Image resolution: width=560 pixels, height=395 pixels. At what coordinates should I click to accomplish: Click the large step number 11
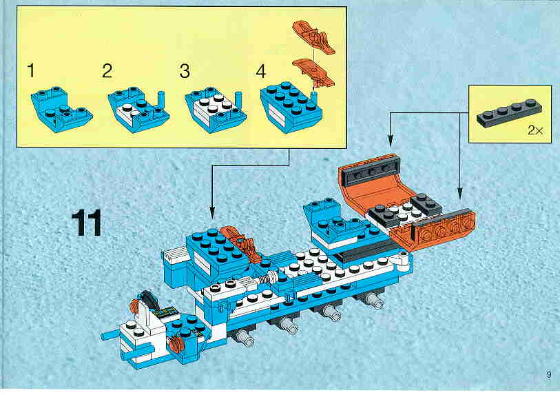tap(86, 223)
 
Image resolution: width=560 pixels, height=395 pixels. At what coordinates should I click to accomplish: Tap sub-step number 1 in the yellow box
tap(32, 70)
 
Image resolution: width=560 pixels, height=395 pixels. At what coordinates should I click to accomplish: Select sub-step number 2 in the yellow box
tap(107, 71)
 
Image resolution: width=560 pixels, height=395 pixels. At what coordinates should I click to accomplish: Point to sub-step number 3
tap(185, 71)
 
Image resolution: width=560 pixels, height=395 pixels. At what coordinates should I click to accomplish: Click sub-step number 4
tap(261, 71)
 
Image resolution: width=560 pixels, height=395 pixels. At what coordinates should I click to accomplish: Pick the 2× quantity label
tap(535, 130)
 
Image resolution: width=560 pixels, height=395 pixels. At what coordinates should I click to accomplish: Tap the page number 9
tap(548, 374)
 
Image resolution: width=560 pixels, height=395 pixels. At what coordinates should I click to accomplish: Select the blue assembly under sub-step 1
tap(61, 109)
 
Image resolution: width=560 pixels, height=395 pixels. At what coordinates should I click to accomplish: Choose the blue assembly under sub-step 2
tap(138, 110)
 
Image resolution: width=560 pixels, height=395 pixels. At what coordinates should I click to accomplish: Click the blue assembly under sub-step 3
tap(216, 110)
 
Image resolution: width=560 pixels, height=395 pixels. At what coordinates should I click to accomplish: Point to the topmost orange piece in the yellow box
tap(313, 37)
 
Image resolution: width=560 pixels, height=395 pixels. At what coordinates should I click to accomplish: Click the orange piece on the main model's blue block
tap(240, 244)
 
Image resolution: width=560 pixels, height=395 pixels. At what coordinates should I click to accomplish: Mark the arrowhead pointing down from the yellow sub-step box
tap(212, 214)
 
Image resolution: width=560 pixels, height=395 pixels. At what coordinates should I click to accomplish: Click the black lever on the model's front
tap(147, 299)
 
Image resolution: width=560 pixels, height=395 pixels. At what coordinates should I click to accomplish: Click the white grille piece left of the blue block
tap(175, 256)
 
